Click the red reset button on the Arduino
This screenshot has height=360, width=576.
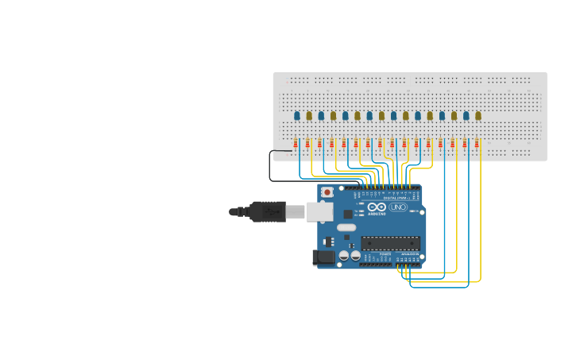[327, 192]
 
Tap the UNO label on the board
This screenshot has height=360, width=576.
[397, 207]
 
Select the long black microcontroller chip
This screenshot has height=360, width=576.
[389, 243]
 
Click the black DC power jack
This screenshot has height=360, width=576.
[323, 257]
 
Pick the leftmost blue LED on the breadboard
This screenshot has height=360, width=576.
[297, 116]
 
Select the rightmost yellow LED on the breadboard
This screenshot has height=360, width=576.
[478, 116]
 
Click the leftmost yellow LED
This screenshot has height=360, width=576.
[309, 116]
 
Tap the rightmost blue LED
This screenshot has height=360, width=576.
[466, 116]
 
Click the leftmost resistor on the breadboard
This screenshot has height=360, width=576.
[296, 144]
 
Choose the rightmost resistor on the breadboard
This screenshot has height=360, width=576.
[477, 144]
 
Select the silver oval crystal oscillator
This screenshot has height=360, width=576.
[346, 227]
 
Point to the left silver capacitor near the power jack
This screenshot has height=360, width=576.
[343, 256]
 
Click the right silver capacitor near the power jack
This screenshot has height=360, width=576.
[354, 256]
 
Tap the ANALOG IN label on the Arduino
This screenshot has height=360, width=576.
[409, 254]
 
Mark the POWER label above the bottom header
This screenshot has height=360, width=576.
[385, 254]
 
